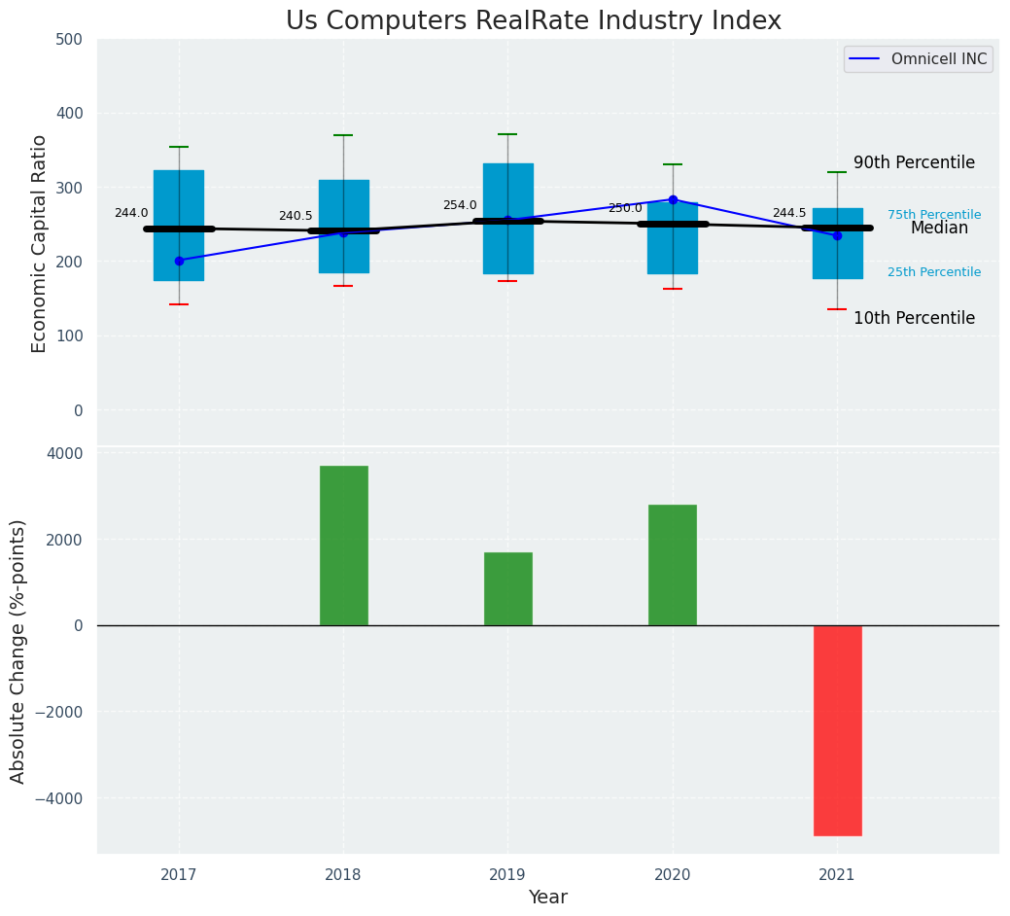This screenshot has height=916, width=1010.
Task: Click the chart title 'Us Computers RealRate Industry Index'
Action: point(533,21)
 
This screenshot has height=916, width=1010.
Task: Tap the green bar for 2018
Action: point(343,546)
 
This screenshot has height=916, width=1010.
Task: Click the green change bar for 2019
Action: point(507,588)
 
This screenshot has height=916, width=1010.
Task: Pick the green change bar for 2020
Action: point(672,565)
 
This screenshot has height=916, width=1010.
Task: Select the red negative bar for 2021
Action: point(837,730)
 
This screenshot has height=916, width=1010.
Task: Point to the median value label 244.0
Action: point(131,213)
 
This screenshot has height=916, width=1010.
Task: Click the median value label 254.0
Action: point(460,205)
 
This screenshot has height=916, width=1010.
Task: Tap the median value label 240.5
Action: point(296,216)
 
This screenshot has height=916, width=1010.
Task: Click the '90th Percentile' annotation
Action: point(914,162)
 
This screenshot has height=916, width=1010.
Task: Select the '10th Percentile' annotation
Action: point(914,318)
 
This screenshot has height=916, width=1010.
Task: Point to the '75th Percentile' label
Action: point(933,215)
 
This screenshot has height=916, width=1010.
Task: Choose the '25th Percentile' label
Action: point(933,272)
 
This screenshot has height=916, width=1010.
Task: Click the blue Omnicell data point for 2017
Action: point(179,261)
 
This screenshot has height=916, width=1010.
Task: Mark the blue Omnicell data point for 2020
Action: point(673,199)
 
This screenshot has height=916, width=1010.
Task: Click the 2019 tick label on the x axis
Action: point(507,875)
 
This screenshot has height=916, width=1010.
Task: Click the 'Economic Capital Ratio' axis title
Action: point(40,243)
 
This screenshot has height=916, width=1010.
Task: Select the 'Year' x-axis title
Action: point(548,898)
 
